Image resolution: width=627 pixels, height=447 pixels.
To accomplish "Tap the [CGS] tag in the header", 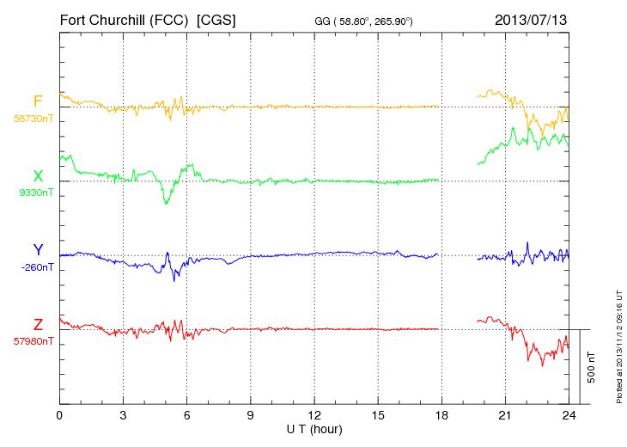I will pos(216,18).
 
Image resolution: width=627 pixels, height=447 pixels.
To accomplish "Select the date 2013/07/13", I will pos(531,18).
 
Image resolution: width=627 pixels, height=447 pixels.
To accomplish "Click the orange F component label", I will pos(38,101).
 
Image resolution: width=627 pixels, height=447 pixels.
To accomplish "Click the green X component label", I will pos(38,176).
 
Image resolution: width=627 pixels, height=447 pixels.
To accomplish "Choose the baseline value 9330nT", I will pos(35,192).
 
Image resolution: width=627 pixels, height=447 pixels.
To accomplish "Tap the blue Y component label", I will pos(38,250).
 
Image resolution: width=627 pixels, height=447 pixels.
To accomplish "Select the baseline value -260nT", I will pos(35,266).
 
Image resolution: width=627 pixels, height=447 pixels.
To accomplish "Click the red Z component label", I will pos(38,324).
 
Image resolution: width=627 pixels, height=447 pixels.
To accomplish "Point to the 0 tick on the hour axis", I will pos(59,415).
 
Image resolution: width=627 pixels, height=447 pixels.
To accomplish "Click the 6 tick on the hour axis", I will pos(187,415).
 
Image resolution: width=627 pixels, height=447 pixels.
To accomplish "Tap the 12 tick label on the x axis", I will pos(314,415).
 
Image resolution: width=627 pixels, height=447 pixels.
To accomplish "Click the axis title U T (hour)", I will pos(314,428).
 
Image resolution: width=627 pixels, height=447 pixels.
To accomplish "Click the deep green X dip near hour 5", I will pos(166,202).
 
